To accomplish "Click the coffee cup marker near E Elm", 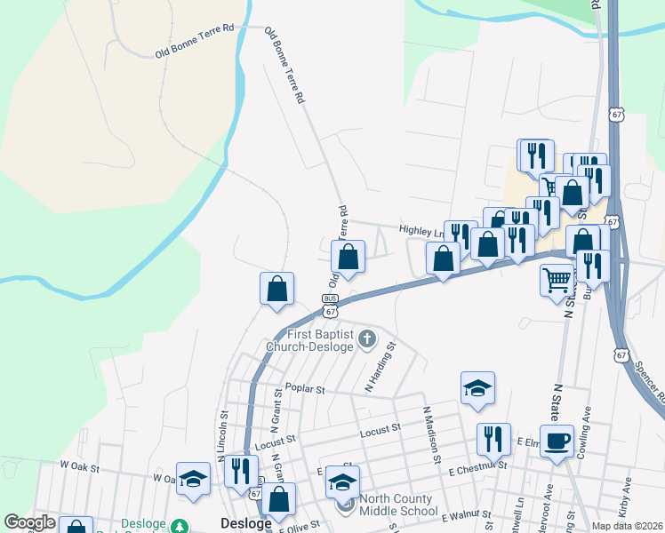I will click(x=557, y=442).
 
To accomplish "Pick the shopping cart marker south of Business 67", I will click(x=557, y=279).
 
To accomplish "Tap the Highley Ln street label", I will click(x=421, y=230).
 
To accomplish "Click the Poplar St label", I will click(x=305, y=390).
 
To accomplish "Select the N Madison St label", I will click(x=431, y=434).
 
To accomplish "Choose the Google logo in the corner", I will click(x=29, y=522).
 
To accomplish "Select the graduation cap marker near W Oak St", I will click(x=193, y=478).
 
